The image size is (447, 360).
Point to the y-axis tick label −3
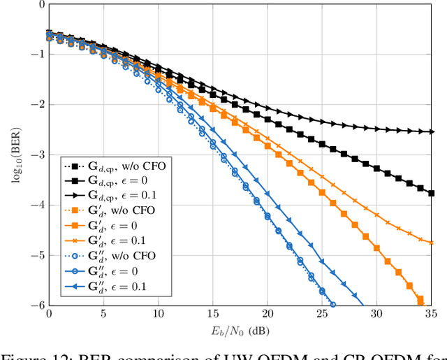pyautogui.click(x=36, y=154)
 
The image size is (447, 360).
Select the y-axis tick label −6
pyautogui.click(x=36, y=305)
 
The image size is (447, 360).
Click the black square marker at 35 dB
pyautogui.click(x=432, y=193)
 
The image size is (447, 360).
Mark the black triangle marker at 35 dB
pyautogui.click(x=432, y=131)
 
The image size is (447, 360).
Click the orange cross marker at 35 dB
pyautogui.click(x=432, y=243)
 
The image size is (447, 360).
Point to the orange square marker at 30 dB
pyautogui.click(x=378, y=248)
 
